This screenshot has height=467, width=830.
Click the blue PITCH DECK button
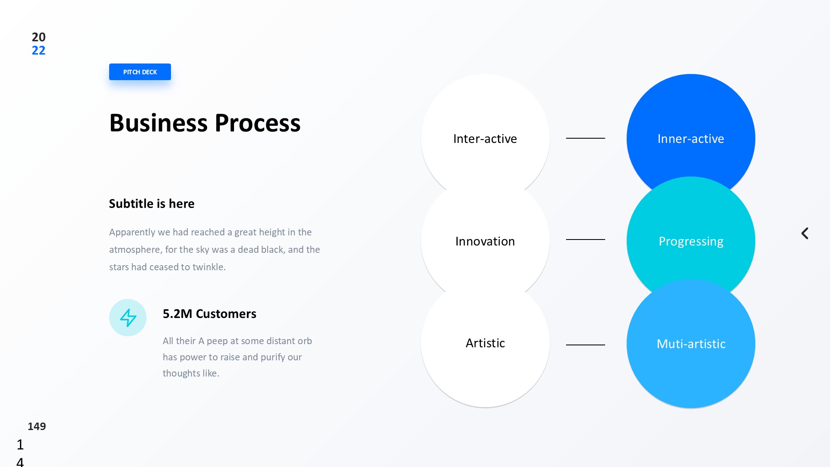[x=140, y=72]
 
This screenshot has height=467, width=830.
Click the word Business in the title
[x=159, y=123]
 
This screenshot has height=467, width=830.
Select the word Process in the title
[x=258, y=123]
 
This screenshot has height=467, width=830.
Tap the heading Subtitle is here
[x=152, y=203]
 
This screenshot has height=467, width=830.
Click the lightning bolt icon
[x=128, y=318]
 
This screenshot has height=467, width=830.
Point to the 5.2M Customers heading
[x=210, y=314]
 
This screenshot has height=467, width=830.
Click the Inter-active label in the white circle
[x=485, y=139]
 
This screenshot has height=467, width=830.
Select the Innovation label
[x=485, y=241]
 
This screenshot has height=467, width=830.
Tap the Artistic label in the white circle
[x=485, y=343]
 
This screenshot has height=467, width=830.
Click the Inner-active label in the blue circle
[x=691, y=139]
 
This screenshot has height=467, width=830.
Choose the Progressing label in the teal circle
[x=691, y=241]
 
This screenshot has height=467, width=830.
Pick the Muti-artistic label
[x=691, y=344]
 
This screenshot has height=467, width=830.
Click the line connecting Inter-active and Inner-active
[x=586, y=138]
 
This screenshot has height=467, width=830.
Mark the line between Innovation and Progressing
[x=586, y=240]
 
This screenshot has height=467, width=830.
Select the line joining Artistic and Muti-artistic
[x=586, y=345]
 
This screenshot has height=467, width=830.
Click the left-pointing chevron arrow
[x=804, y=233]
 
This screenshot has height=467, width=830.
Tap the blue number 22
[x=39, y=51]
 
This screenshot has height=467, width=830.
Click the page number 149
[x=37, y=426]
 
